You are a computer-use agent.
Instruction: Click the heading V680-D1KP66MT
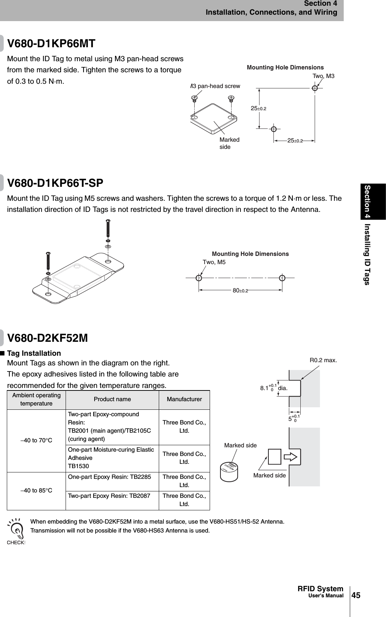52,44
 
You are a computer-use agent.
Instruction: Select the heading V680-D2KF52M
48,338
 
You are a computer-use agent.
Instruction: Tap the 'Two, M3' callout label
323,76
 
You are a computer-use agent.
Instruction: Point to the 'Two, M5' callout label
214,262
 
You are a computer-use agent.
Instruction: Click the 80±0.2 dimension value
240,291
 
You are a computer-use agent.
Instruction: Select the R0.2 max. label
323,360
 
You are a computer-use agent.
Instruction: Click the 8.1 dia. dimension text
274,388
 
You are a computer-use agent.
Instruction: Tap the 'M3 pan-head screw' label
215,86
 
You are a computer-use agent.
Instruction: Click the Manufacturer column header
184,399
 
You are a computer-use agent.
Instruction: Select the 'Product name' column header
112,399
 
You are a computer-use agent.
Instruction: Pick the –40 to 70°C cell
36,440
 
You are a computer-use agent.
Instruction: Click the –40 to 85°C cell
36,490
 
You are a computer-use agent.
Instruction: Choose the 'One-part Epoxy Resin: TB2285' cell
109,477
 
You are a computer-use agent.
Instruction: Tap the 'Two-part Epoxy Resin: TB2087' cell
109,496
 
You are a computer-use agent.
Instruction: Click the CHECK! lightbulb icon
16,529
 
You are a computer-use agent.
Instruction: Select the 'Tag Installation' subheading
34,353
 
